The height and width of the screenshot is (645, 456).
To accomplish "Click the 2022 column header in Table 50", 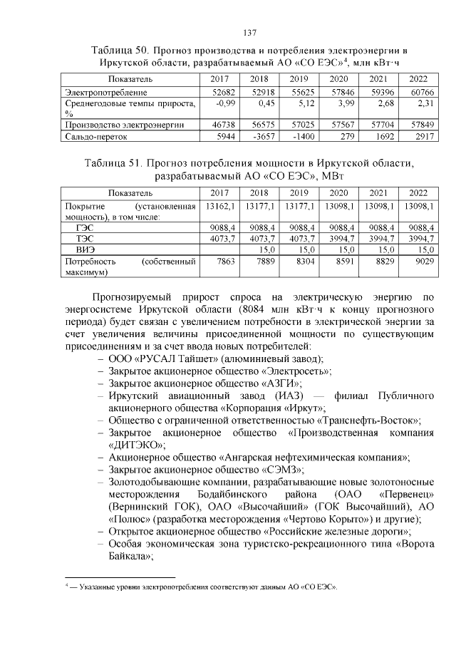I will point(418,78).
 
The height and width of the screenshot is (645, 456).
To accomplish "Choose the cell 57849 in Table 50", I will point(418,124).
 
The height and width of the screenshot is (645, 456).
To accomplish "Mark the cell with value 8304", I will point(299,262).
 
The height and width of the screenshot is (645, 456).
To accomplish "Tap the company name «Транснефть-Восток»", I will point(375,420).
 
